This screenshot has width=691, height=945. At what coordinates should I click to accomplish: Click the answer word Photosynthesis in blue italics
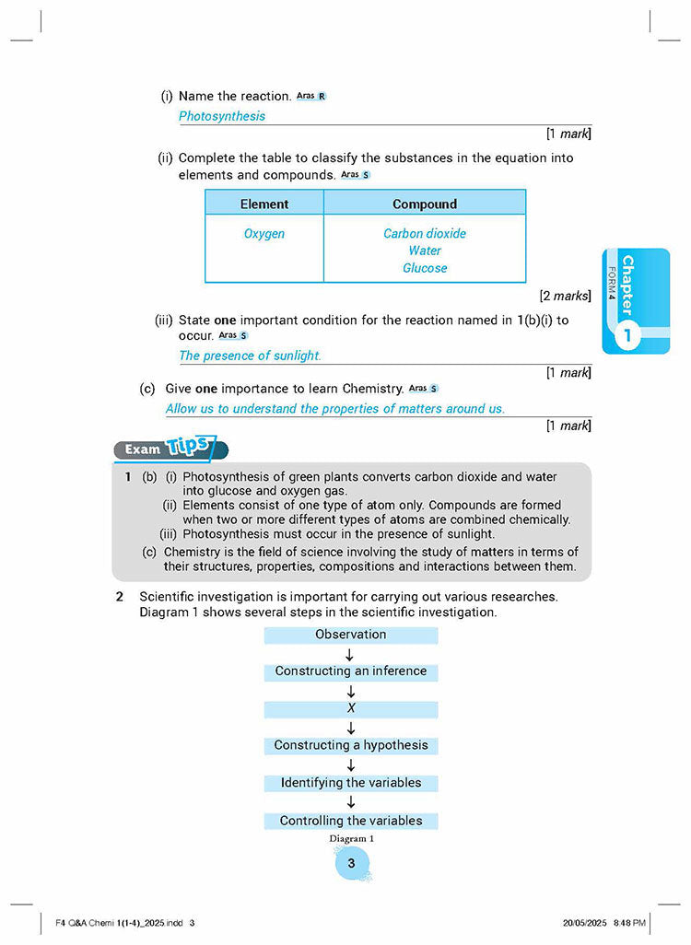coord(222,116)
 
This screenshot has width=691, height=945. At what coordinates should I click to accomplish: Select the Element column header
coord(264,204)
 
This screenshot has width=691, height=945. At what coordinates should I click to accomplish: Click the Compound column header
coord(425,204)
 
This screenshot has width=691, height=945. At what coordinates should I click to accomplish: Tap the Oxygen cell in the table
coord(264,234)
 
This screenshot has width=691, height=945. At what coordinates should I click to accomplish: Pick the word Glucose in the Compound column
coord(425,268)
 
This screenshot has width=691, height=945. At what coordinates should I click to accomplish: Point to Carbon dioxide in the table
coord(425,234)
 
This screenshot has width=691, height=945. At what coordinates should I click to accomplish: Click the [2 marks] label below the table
coord(565,296)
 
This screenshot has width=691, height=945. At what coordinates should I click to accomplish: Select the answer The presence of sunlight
coord(250,356)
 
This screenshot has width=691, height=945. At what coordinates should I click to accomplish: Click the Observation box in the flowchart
coord(351,635)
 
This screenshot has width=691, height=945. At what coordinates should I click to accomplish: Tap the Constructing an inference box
coord(351,671)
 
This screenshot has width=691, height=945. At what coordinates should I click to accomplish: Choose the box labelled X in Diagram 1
coord(351,708)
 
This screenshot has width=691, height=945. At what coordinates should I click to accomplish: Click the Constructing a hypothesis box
coord(351,745)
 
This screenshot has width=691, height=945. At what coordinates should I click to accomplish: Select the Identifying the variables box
coord(351,783)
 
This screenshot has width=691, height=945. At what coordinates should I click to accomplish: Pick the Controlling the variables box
coord(351,821)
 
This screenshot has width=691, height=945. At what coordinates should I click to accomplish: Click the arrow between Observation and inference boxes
coord(350,654)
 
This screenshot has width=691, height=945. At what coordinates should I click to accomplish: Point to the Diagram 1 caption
coord(351,839)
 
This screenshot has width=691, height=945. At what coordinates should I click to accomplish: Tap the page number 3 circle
coord(351,863)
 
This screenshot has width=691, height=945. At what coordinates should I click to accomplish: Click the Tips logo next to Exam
coord(191,448)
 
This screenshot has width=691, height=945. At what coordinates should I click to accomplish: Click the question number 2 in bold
coord(120,596)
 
